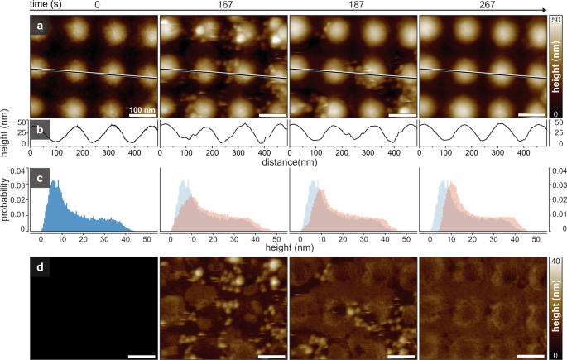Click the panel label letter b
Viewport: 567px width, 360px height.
(x=39, y=129)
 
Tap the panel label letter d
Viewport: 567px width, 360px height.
(x=39, y=269)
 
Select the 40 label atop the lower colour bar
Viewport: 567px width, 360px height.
(x=557, y=259)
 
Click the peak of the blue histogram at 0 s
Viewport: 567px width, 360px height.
(x=55, y=181)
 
